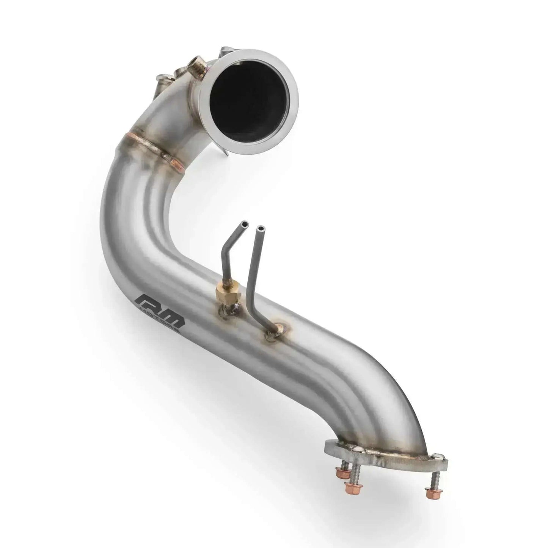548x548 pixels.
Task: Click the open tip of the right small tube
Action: [x=261, y=229]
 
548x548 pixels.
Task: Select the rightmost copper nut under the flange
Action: [x=430, y=493]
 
